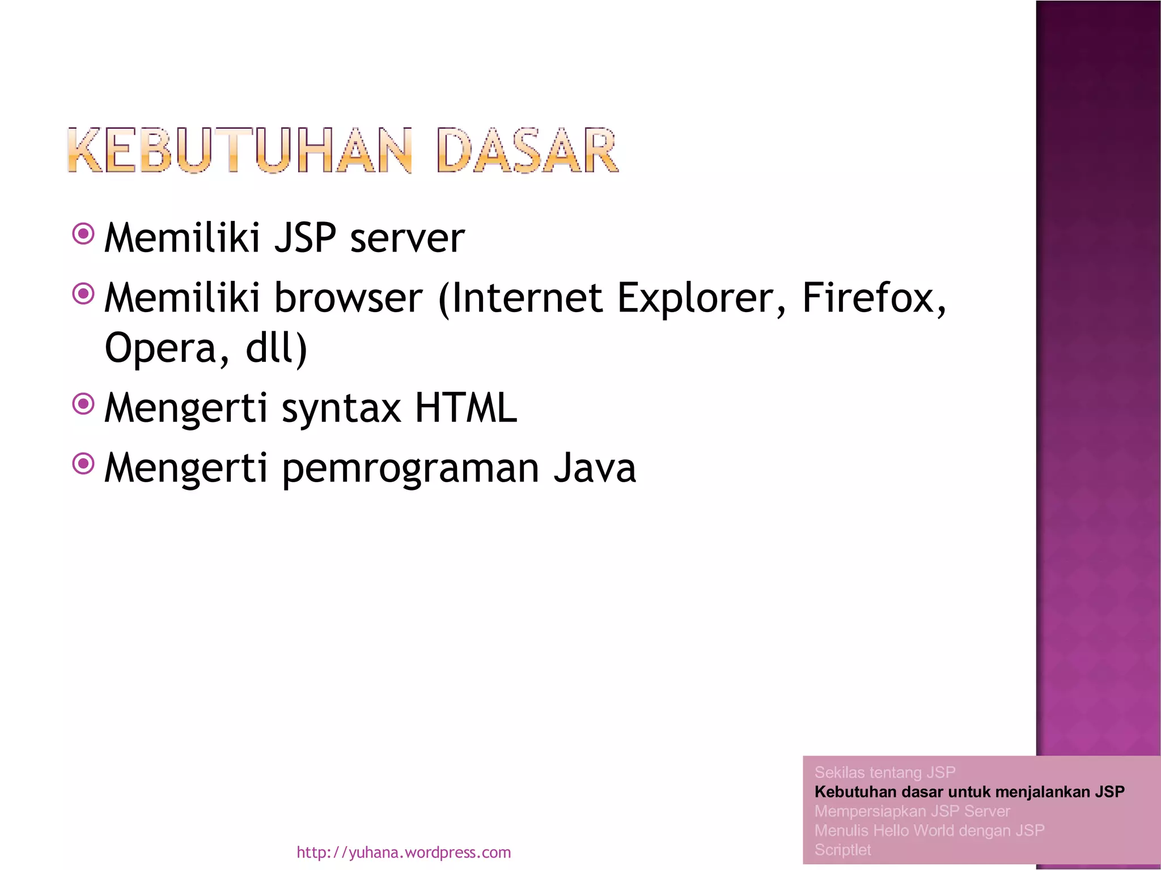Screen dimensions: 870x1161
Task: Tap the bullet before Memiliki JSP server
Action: click(83, 233)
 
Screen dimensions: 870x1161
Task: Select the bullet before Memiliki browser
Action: click(83, 293)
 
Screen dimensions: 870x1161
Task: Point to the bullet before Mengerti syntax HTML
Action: click(83, 404)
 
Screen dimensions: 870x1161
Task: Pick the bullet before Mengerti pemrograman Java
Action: click(83, 464)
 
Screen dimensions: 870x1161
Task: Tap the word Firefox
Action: click(873, 298)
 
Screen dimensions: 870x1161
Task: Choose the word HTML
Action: click(465, 408)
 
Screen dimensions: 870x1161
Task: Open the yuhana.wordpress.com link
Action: click(404, 852)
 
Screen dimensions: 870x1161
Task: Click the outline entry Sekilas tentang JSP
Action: click(884, 773)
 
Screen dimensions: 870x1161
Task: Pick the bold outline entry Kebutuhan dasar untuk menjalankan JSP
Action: click(969, 792)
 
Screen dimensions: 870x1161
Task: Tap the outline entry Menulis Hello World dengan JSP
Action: click(929, 830)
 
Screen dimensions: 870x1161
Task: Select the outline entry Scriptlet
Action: click(842, 850)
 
